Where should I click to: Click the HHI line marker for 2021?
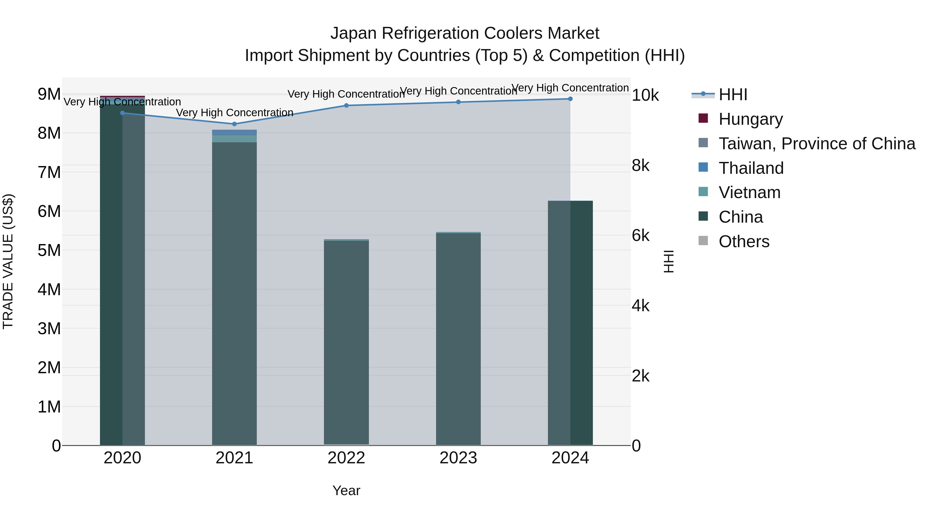pos(234,124)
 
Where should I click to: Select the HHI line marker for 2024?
pos(570,99)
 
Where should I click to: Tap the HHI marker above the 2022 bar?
pos(346,105)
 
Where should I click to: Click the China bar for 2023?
pos(458,339)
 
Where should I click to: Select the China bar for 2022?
pos(346,343)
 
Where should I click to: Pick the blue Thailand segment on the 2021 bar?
pos(234,132)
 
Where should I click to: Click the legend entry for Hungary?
pos(750,119)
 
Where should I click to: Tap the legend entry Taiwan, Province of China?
pos(817,144)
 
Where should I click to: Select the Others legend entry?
pos(744,241)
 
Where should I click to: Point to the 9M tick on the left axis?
pos(49,94)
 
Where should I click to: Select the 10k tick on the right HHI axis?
pos(645,95)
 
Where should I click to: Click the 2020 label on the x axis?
pos(122,458)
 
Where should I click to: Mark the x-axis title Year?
pos(346,490)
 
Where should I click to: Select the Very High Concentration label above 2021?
pos(234,113)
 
